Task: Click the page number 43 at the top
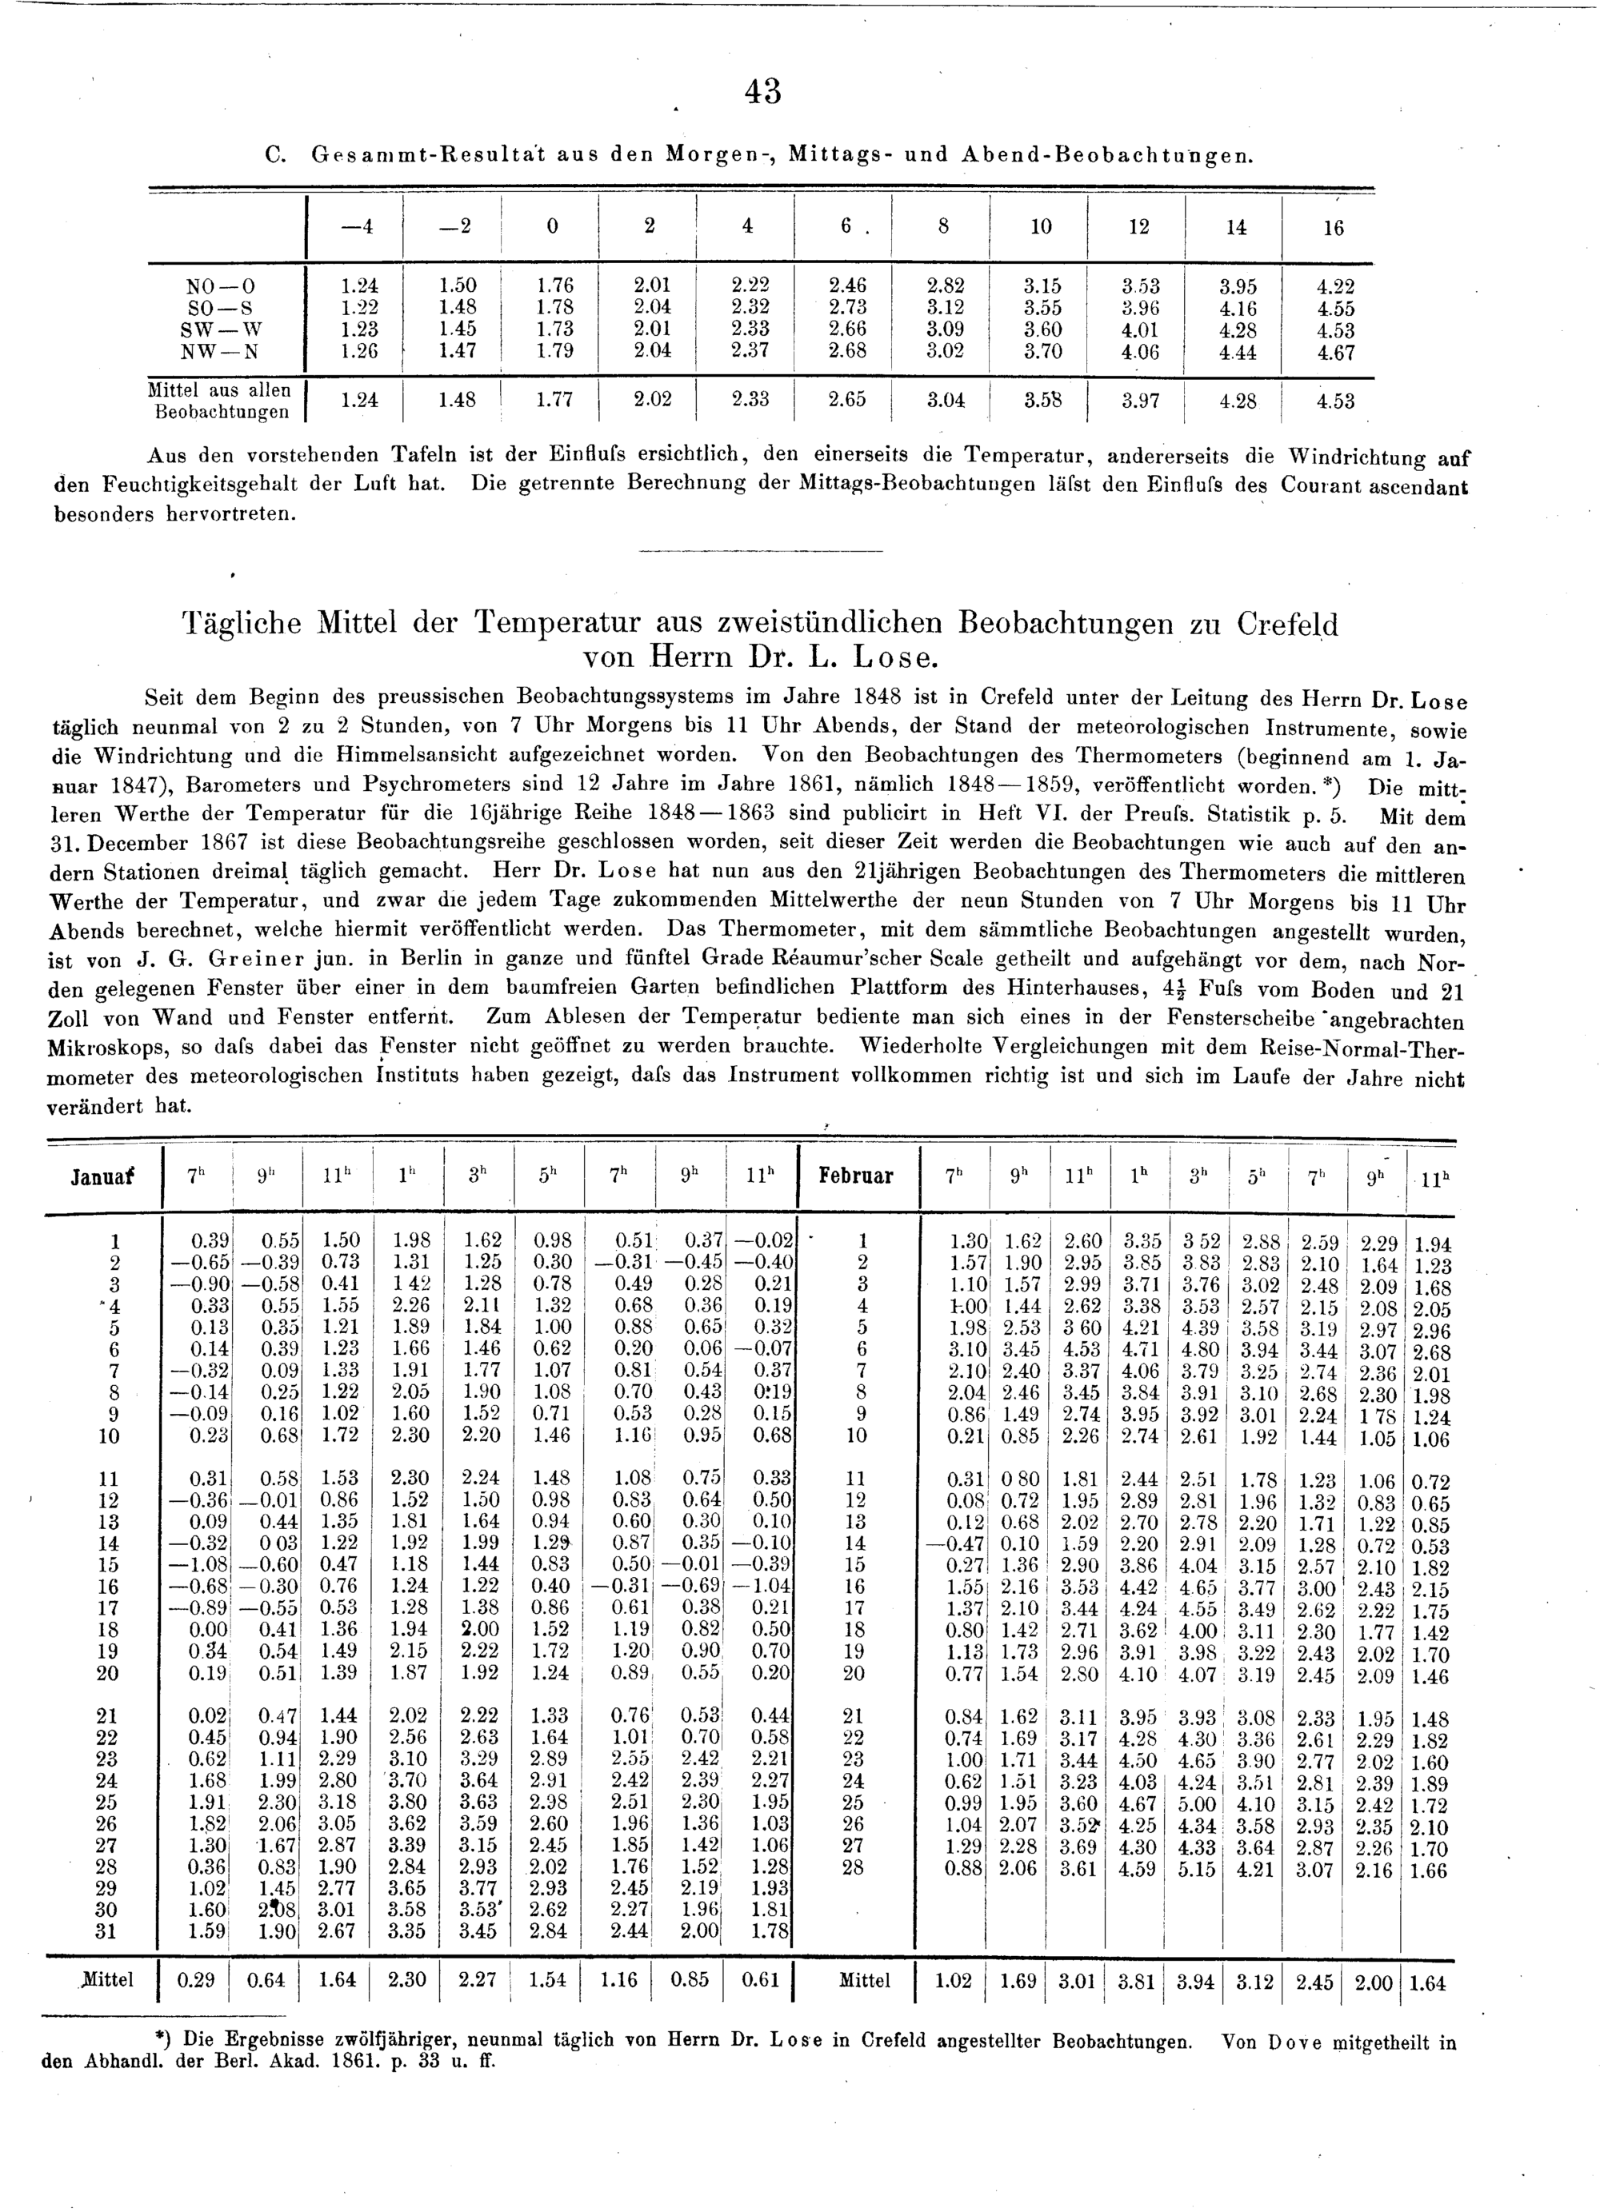763,92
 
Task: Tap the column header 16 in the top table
1333,228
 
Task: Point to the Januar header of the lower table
102,1176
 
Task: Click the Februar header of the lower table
858,1176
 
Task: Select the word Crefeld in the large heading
1288,625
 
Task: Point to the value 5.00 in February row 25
1196,1804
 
